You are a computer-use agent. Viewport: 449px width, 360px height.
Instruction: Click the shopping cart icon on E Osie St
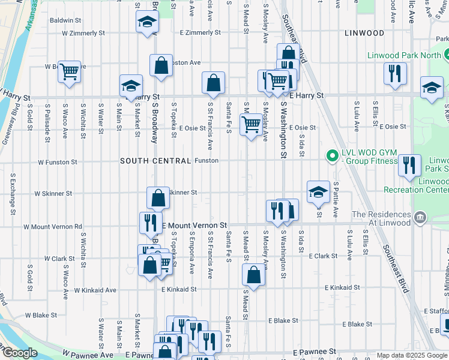tap(251, 125)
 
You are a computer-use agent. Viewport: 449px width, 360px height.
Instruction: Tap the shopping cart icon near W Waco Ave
tap(70, 72)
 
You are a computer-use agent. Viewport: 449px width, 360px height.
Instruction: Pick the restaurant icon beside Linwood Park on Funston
tap(409, 165)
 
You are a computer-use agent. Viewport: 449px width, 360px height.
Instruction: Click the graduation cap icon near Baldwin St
tap(146, 22)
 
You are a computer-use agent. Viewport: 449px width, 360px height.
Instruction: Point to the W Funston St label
tap(58, 162)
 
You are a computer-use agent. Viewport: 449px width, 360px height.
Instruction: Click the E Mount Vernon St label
tap(196, 225)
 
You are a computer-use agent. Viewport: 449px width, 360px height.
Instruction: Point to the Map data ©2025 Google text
tap(412, 355)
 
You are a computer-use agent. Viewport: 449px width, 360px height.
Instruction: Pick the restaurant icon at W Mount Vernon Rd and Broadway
tap(150, 223)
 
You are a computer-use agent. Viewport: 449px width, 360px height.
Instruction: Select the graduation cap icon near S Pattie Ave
tap(318, 192)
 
